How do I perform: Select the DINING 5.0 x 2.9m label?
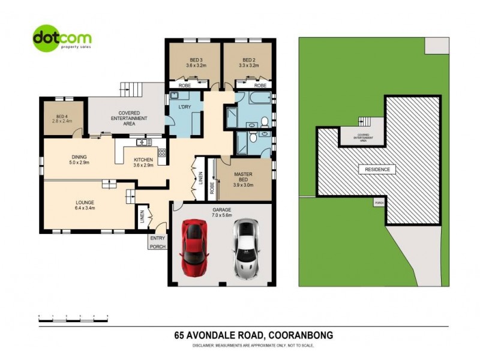tap(79, 160)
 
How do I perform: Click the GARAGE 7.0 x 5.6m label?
tap(221, 212)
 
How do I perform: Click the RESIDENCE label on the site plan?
tap(377, 170)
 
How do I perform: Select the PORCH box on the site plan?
tap(379, 203)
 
